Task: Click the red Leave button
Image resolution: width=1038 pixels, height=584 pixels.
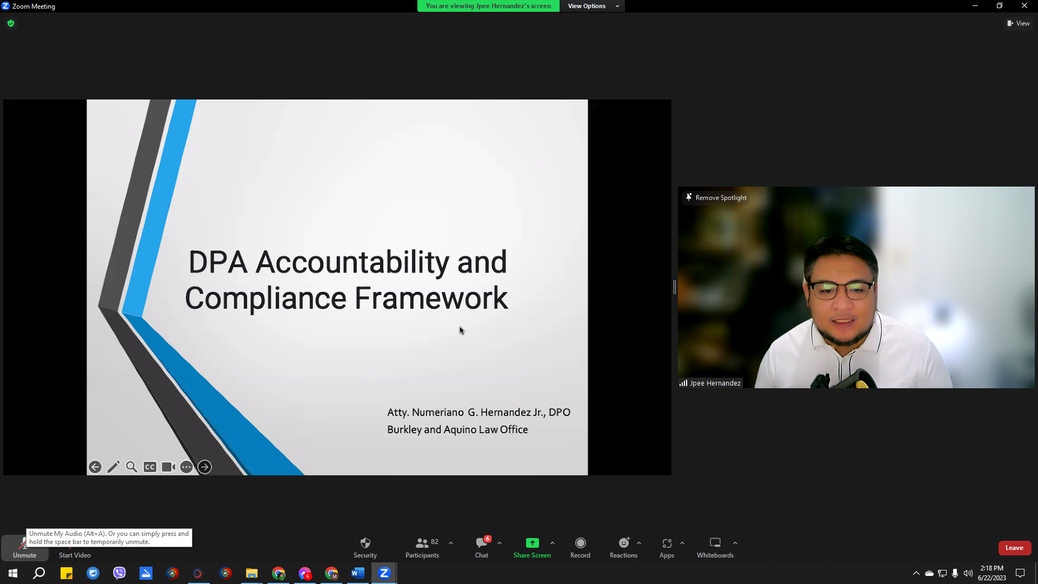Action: coord(1014,548)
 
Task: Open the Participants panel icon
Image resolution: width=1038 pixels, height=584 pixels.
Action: coord(422,543)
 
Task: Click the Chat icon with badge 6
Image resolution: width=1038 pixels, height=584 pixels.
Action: coord(482,542)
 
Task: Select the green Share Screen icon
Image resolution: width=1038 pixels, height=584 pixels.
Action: coord(532,543)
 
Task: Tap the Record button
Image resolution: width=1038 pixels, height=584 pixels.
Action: coord(580,543)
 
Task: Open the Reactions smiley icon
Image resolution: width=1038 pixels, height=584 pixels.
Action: coord(624,542)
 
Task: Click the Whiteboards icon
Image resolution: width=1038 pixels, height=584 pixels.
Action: coord(715,542)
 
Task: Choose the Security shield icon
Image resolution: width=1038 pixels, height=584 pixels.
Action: coord(365,543)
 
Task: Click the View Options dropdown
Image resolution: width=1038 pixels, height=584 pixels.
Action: coord(593,6)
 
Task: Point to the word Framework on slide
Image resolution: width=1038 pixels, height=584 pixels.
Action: coord(431,298)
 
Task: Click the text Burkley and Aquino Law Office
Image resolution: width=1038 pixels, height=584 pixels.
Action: coord(457,429)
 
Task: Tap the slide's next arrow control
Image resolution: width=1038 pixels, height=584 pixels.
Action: coord(204,467)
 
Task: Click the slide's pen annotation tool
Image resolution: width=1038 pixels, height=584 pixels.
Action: coord(113,467)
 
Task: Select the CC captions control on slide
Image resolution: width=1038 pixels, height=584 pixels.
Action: coord(150,467)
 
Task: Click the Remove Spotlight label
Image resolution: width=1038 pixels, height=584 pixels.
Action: coord(721,198)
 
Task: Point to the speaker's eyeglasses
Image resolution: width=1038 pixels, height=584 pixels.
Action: coord(841,290)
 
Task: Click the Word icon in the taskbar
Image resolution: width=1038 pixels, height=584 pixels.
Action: coord(358,573)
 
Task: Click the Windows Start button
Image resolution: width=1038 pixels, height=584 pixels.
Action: coord(13,573)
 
